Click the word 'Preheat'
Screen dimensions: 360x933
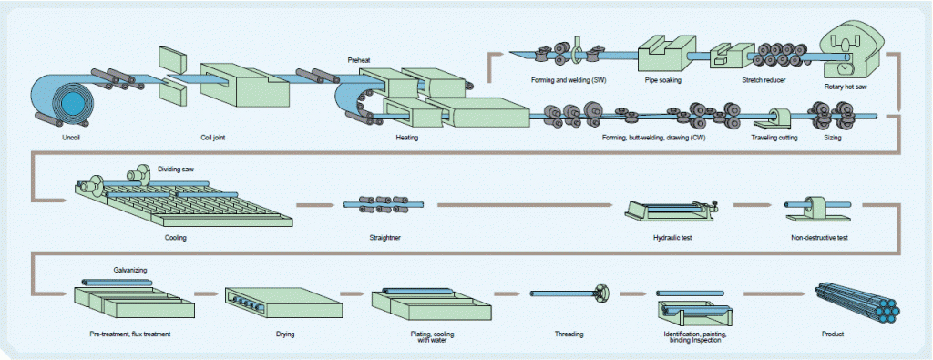360,59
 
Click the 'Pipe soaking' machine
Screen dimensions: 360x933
662,55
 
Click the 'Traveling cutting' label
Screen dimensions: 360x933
776,138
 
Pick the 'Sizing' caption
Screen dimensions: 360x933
832,138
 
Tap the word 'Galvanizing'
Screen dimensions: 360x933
131,270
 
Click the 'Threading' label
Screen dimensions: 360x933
569,334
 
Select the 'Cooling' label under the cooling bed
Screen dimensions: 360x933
176,237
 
